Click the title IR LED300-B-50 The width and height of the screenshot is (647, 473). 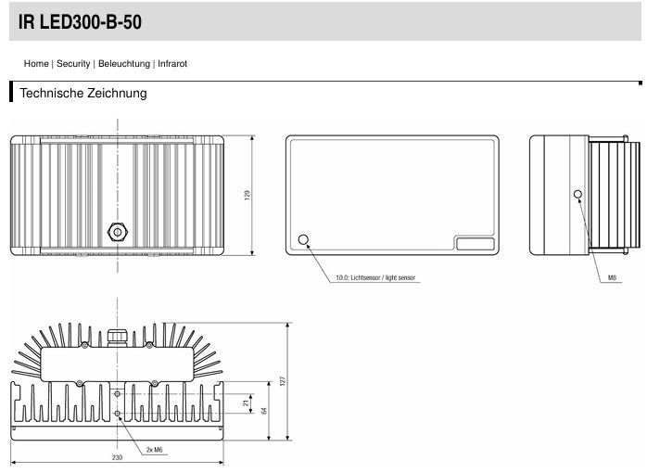tap(80, 22)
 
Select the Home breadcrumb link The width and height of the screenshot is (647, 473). tap(36, 64)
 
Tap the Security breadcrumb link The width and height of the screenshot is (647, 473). tap(73, 64)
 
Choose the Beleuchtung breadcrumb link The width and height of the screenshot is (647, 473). tap(124, 64)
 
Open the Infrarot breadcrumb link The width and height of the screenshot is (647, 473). tap(172, 64)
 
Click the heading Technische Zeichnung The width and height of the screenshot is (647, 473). tap(83, 93)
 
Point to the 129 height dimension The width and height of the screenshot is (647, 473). tap(247, 195)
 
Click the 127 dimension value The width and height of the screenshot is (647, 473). tap(282, 381)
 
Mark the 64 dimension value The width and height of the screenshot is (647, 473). tap(264, 411)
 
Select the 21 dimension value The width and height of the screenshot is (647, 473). tap(247, 403)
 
